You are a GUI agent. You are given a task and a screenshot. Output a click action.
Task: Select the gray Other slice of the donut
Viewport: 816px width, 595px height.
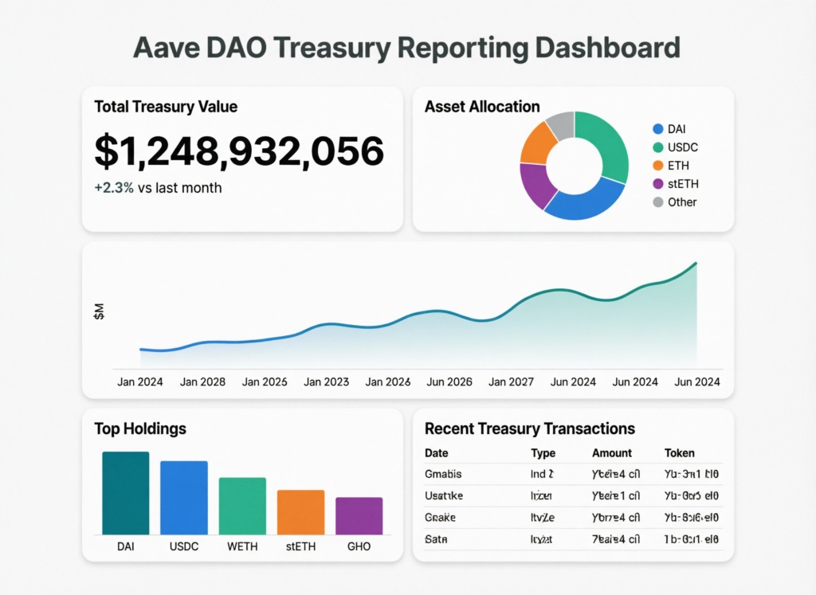tap(561, 125)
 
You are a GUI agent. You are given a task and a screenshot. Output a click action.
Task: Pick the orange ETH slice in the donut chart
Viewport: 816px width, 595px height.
tap(536, 144)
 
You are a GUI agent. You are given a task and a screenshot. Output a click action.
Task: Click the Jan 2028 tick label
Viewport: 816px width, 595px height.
tap(202, 382)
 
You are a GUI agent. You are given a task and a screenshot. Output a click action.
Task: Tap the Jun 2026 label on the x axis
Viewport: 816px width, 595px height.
tap(449, 382)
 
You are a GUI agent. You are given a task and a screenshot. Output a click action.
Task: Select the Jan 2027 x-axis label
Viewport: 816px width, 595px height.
tap(511, 382)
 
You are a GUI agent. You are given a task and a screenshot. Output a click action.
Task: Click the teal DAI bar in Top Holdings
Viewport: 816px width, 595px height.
tap(125, 493)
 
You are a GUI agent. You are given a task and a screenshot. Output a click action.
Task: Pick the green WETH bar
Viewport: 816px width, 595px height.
tap(242, 506)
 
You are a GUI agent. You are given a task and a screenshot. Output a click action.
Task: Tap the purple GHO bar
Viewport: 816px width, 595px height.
tap(359, 515)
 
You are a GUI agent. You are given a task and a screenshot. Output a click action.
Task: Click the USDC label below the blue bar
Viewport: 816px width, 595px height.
tap(184, 548)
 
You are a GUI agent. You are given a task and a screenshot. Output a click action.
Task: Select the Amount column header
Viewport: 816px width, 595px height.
tap(611, 453)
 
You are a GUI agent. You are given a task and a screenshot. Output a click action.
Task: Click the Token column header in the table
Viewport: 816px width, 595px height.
tap(679, 453)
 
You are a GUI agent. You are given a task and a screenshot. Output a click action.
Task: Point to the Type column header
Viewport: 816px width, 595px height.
tap(543, 453)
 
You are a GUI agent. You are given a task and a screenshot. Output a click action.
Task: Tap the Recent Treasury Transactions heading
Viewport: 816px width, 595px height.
tap(529, 429)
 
